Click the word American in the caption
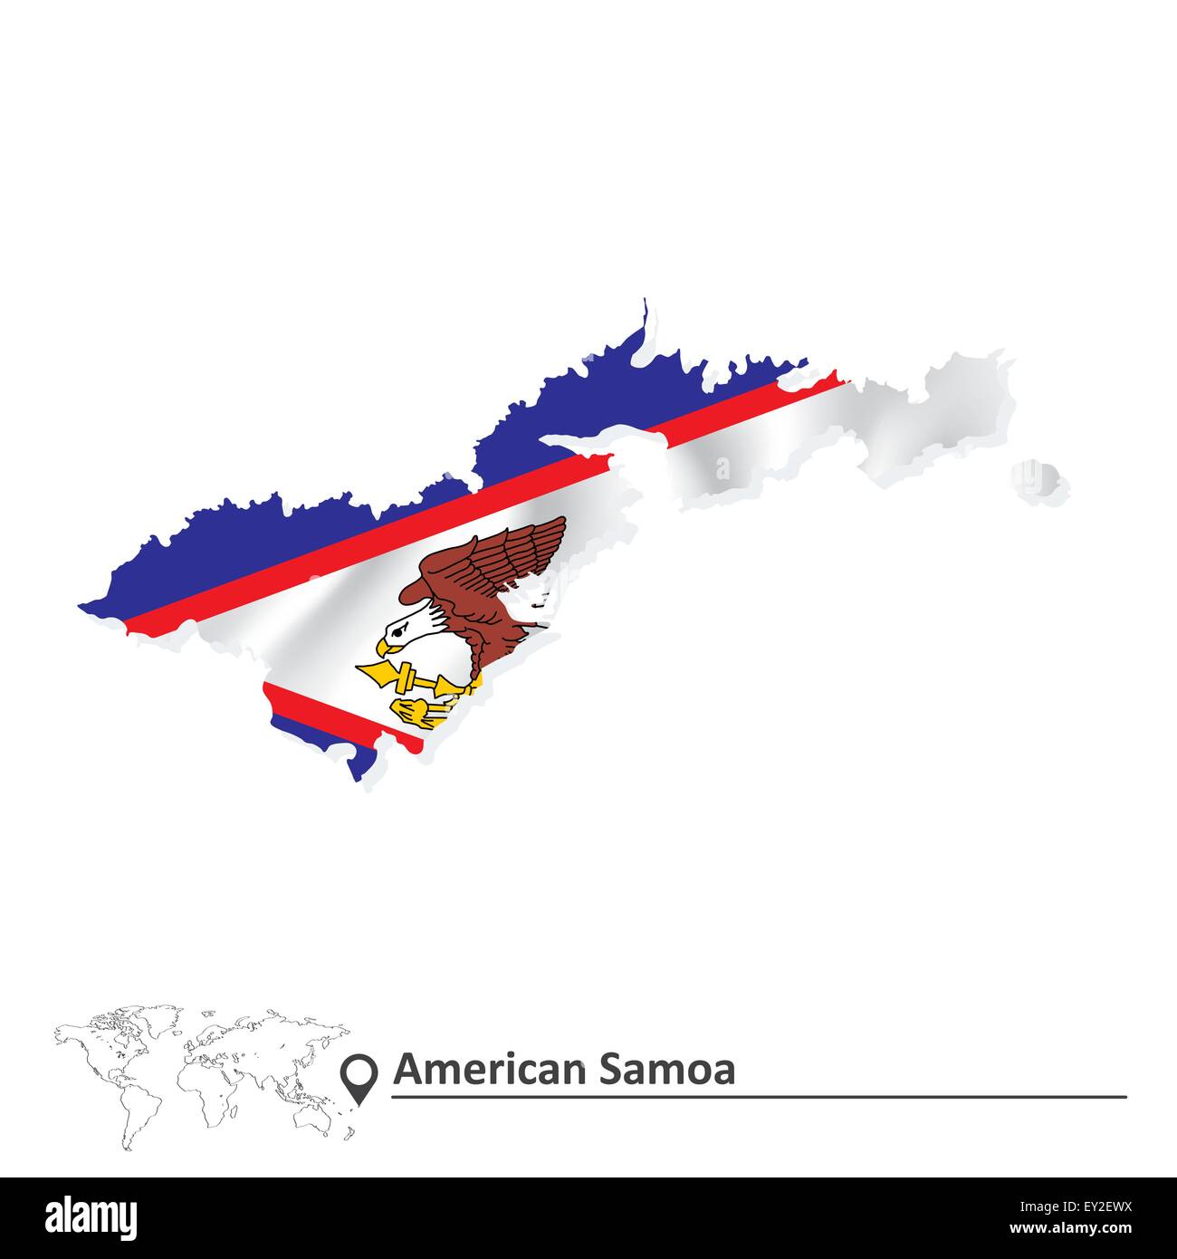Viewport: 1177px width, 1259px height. point(489,1070)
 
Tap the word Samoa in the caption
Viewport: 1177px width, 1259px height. point(666,1070)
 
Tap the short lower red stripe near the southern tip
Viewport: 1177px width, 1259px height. point(335,712)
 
